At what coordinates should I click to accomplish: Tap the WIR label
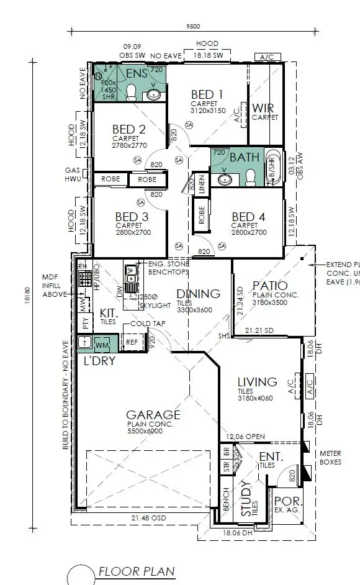point(263,108)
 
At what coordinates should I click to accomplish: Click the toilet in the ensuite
point(131,93)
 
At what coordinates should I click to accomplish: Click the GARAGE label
point(153,415)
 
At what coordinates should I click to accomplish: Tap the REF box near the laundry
point(132,342)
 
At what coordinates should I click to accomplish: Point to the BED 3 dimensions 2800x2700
point(133,232)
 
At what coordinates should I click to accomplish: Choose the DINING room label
point(198,293)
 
